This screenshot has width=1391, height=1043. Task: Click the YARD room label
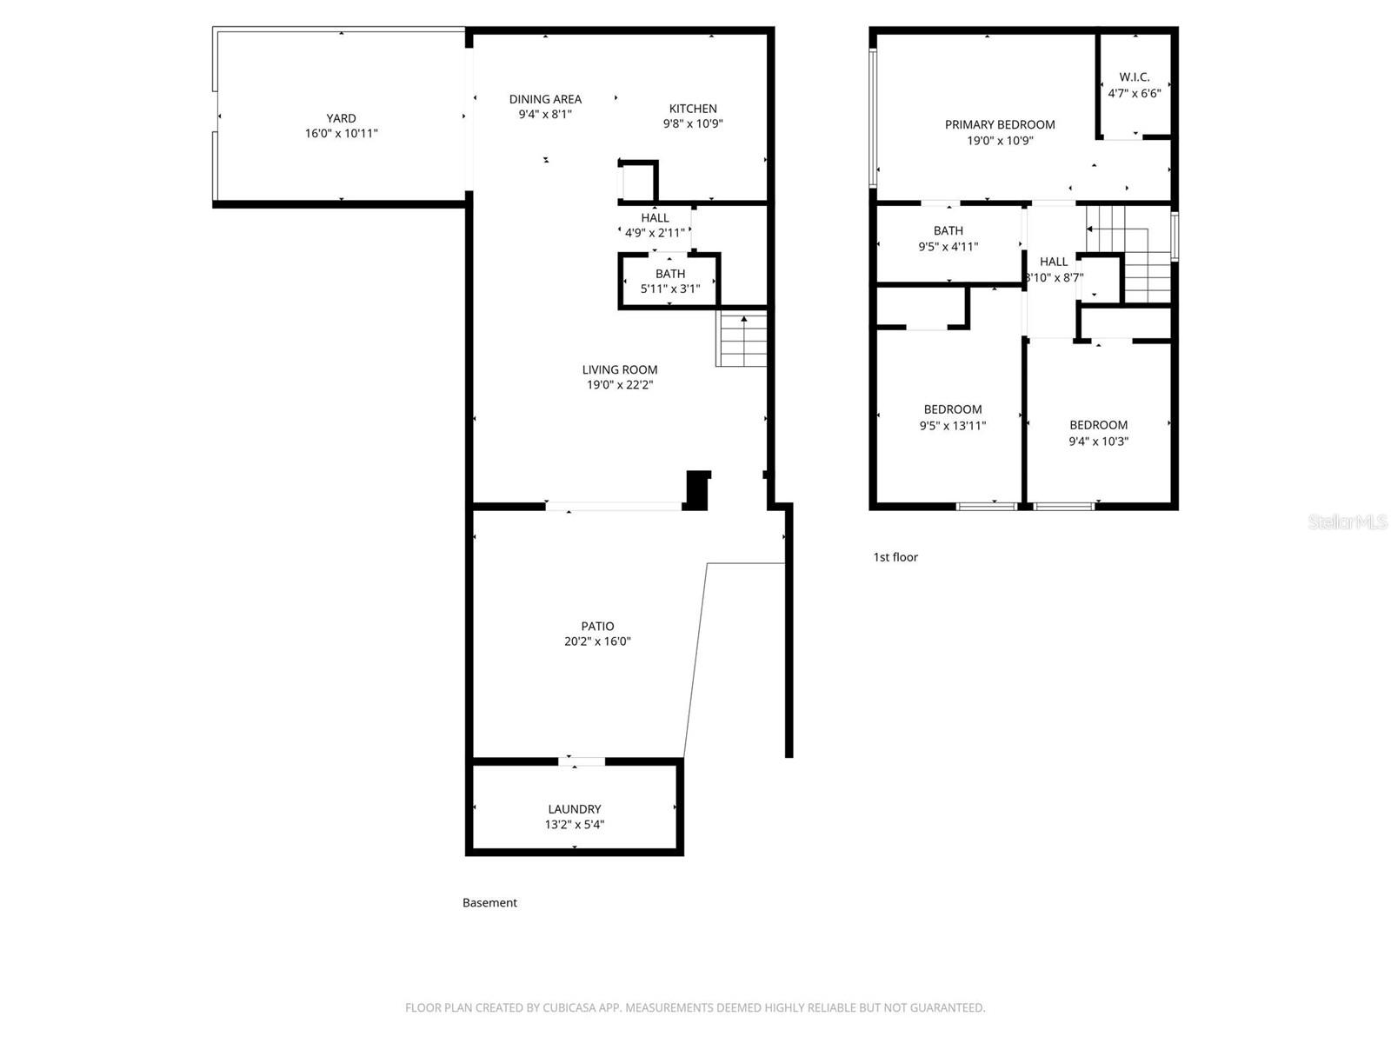pyautogui.click(x=341, y=118)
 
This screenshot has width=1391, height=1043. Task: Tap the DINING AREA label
pyautogui.click(x=545, y=99)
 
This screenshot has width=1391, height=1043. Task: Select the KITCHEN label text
pyautogui.click(x=693, y=109)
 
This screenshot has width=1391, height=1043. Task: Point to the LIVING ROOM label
pyautogui.click(x=619, y=370)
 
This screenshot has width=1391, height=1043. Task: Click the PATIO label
pyautogui.click(x=597, y=627)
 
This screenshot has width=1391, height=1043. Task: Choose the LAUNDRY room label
pyautogui.click(x=574, y=809)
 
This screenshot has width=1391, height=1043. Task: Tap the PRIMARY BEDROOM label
pyautogui.click(x=1000, y=125)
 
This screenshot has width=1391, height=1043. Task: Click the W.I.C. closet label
pyautogui.click(x=1134, y=77)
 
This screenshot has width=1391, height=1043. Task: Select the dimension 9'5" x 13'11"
pyautogui.click(x=953, y=426)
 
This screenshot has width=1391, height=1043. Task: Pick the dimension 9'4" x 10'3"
pyautogui.click(x=1098, y=442)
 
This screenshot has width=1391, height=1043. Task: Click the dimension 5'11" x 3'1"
pyautogui.click(x=669, y=289)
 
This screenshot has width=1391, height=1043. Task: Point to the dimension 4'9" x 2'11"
pyautogui.click(x=655, y=233)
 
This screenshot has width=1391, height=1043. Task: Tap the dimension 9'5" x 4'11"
pyautogui.click(x=948, y=247)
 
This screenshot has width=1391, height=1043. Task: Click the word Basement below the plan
pyautogui.click(x=489, y=903)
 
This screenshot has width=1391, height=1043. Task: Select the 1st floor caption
pyautogui.click(x=895, y=557)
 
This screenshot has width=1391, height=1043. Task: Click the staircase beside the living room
pyautogui.click(x=741, y=338)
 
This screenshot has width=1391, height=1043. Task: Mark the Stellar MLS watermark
pyautogui.click(x=1347, y=521)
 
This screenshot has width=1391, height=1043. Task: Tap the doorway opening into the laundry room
pyautogui.click(x=582, y=761)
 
